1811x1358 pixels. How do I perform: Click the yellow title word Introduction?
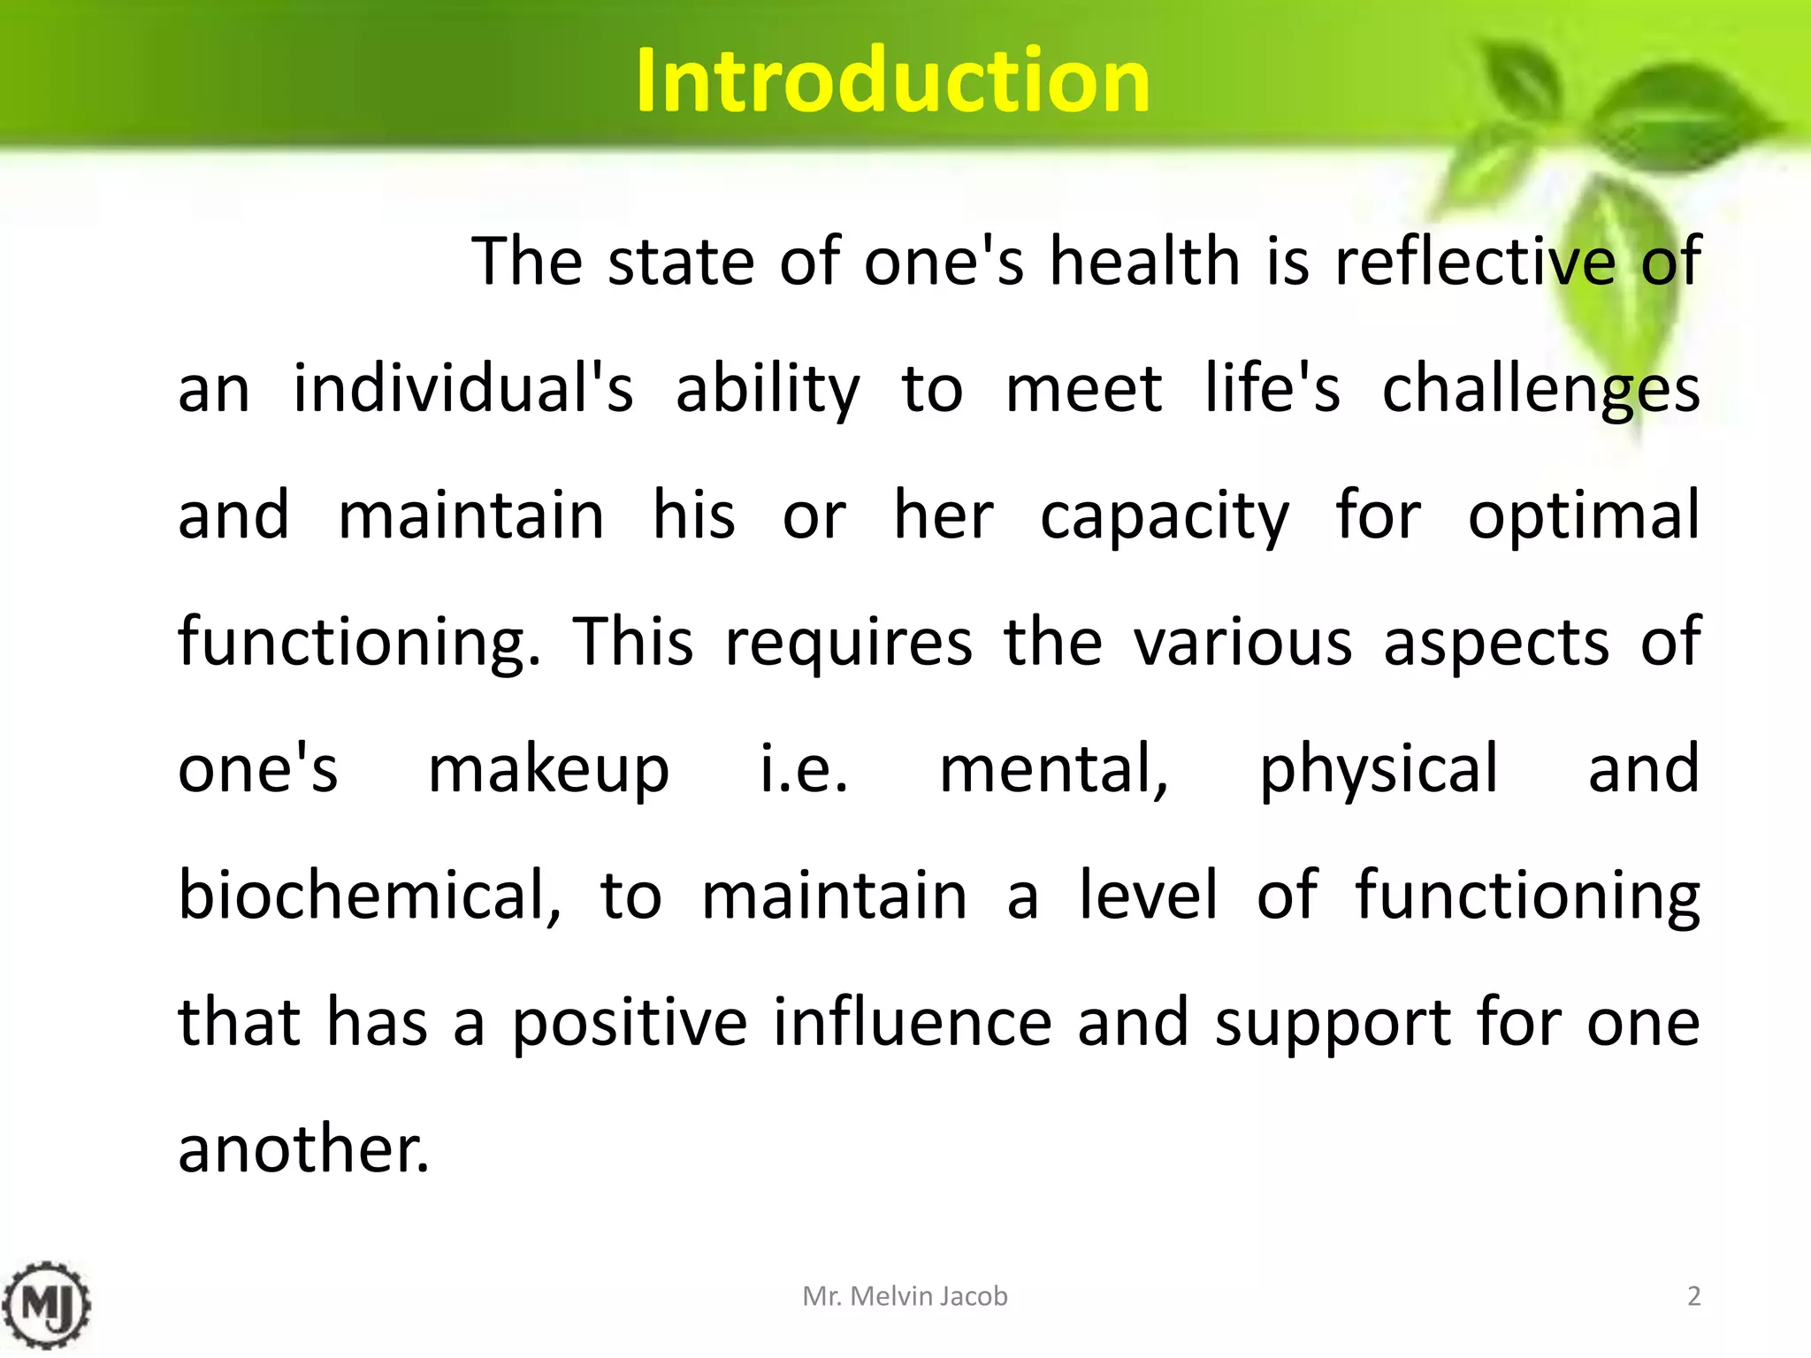pyautogui.click(x=892, y=81)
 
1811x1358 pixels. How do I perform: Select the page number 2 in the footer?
pyautogui.click(x=1693, y=1296)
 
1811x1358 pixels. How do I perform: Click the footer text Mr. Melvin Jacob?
pyautogui.click(x=905, y=1296)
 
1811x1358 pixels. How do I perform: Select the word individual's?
pyautogui.click(x=463, y=389)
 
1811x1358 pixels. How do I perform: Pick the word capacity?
pyautogui.click(x=1165, y=516)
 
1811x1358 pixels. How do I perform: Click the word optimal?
pyautogui.click(x=1584, y=516)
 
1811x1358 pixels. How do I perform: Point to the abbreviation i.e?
pyautogui.click(x=805, y=769)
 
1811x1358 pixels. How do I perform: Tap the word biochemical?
pyautogui.click(x=370, y=896)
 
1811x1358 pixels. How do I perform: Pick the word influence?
pyautogui.click(x=913, y=1022)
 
